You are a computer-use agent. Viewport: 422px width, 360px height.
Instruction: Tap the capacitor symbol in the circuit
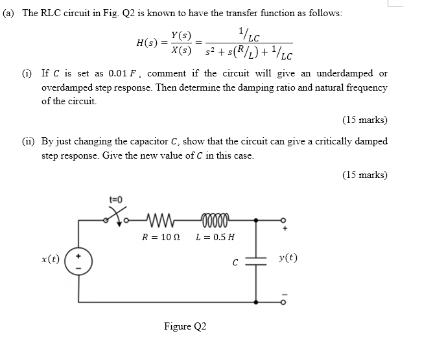point(257,260)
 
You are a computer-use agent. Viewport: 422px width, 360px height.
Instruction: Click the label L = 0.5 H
point(215,237)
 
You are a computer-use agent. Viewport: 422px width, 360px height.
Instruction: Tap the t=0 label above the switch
point(116,200)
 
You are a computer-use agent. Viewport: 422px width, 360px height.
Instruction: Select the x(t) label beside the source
point(50,259)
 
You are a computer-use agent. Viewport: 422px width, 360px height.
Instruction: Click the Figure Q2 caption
point(185,326)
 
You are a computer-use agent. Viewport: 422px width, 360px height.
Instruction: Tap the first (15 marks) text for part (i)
point(364,119)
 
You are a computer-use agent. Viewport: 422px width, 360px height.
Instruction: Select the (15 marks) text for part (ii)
point(364,174)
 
